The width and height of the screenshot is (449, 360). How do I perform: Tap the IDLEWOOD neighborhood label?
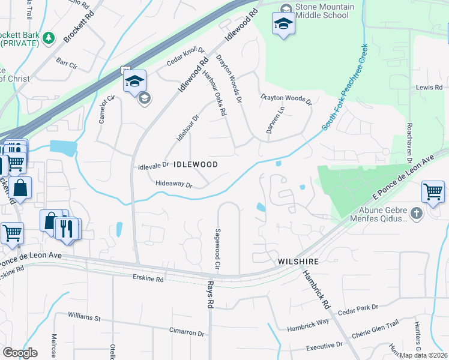coord(195,164)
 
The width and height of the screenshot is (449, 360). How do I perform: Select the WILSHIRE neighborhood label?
coord(297,262)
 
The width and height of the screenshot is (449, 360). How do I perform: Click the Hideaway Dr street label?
coord(173,185)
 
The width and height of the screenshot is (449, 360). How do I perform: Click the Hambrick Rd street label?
coord(316,289)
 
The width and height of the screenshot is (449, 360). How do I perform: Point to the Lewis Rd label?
coord(429,88)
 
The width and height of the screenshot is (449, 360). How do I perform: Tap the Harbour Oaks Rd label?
coord(214,93)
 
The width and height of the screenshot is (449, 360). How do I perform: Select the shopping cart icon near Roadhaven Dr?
coord(433,193)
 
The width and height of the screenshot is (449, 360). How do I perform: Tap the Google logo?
coord(20,353)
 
